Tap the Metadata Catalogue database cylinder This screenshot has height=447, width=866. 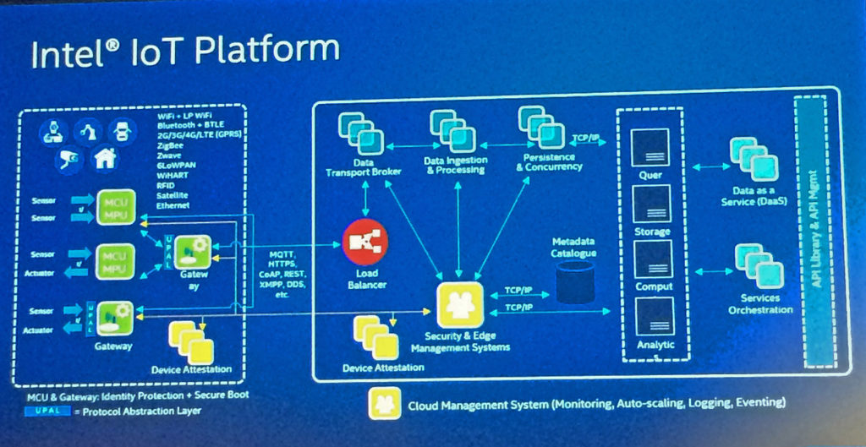point(575,281)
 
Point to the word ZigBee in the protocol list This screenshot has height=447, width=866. point(170,144)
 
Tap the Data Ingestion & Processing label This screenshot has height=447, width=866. point(455,164)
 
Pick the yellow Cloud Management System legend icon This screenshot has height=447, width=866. point(384,402)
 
